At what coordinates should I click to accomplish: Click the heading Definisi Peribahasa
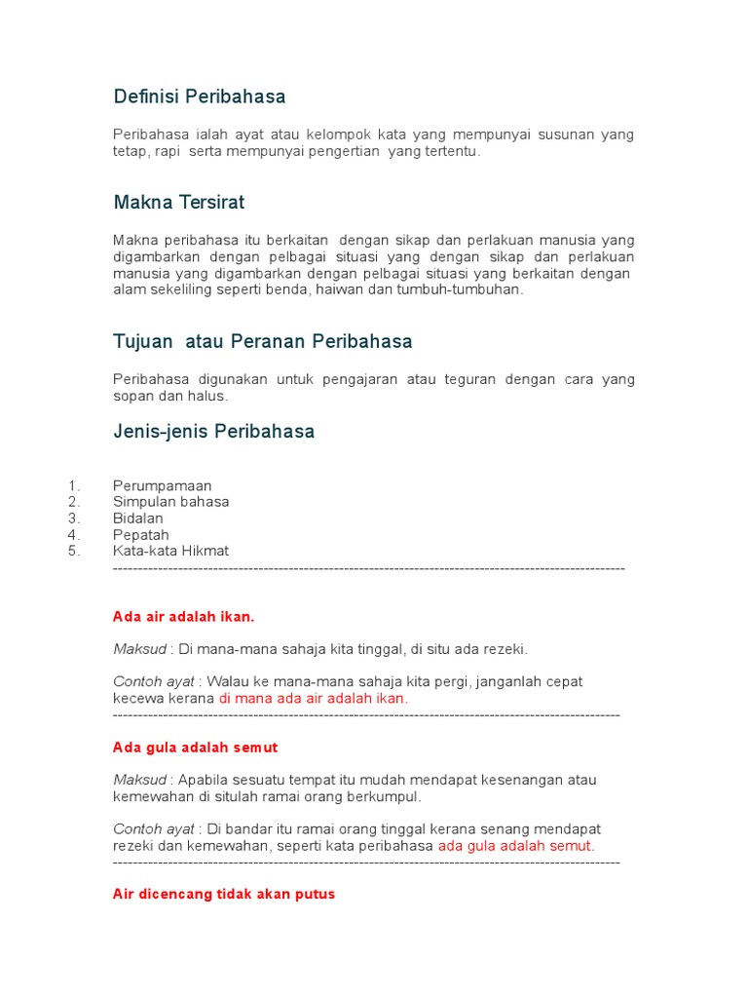[x=200, y=96]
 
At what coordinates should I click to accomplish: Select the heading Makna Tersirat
[x=179, y=203]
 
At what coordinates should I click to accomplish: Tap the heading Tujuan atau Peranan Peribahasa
[x=263, y=341]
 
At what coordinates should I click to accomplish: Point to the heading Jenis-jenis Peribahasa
[x=214, y=431]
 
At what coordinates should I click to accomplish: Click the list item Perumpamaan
[x=163, y=485]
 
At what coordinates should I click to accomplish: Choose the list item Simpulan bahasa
[x=171, y=502]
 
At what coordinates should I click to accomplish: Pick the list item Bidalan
[x=138, y=518]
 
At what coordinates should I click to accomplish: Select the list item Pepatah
[x=141, y=535]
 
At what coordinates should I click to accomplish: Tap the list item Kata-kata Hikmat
[x=171, y=551]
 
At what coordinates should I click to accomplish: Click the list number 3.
[x=74, y=518]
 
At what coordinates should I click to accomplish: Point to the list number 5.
[x=74, y=551]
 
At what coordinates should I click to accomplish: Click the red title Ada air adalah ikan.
[x=184, y=617]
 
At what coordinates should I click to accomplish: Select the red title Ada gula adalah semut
[x=196, y=748]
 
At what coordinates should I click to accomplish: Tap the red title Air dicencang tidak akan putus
[x=224, y=894]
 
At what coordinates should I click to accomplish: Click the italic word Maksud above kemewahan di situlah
[x=140, y=780]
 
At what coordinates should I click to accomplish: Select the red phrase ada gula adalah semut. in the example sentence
[x=516, y=846]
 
